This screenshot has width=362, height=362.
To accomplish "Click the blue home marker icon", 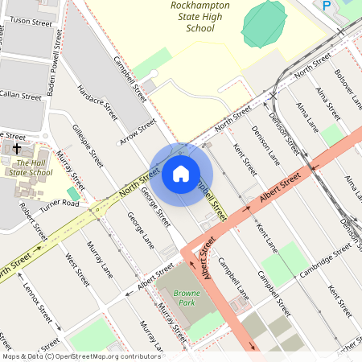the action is pos(181,174).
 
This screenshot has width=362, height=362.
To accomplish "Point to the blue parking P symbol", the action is pos(327,6).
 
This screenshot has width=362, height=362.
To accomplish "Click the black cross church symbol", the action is pos(16,148).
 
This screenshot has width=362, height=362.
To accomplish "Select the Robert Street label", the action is pos(34,220).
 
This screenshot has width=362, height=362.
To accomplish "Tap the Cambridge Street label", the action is pos(327,257).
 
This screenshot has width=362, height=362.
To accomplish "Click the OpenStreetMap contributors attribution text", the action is pos(80,356).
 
